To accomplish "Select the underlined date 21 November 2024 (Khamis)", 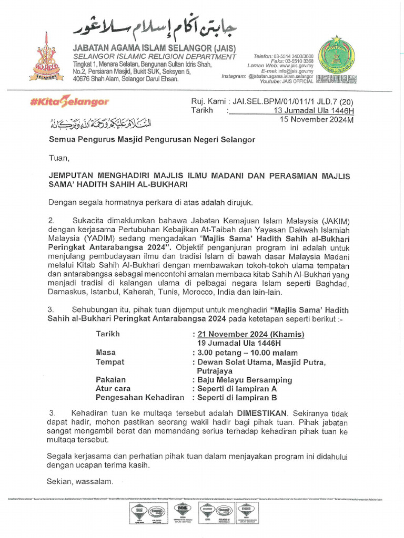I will click(250, 334).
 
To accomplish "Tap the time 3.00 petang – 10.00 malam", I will click(247, 353).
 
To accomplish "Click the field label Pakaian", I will click(110, 379).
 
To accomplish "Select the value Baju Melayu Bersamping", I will click(245, 380).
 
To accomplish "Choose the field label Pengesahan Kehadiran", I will click(140, 398).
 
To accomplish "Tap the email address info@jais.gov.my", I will click(296, 70).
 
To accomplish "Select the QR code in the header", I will click(351, 79).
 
